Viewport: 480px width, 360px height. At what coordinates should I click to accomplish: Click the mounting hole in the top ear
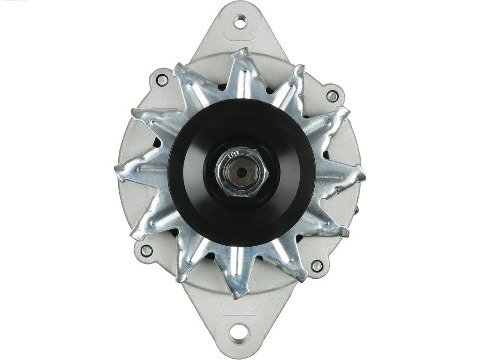tap(240, 21)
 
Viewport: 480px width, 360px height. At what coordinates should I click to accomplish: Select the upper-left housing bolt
tap(162, 80)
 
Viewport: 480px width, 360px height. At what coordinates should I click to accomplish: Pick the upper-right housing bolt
tap(332, 96)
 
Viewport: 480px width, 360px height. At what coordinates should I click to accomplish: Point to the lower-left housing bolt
tap(146, 250)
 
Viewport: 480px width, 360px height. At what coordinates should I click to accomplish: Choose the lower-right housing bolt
tap(316, 266)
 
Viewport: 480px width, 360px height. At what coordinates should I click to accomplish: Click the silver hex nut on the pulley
tap(240, 173)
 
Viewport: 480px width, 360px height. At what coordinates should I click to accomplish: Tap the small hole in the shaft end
tap(240, 172)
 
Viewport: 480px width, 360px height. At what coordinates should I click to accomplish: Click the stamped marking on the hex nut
tap(232, 156)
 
